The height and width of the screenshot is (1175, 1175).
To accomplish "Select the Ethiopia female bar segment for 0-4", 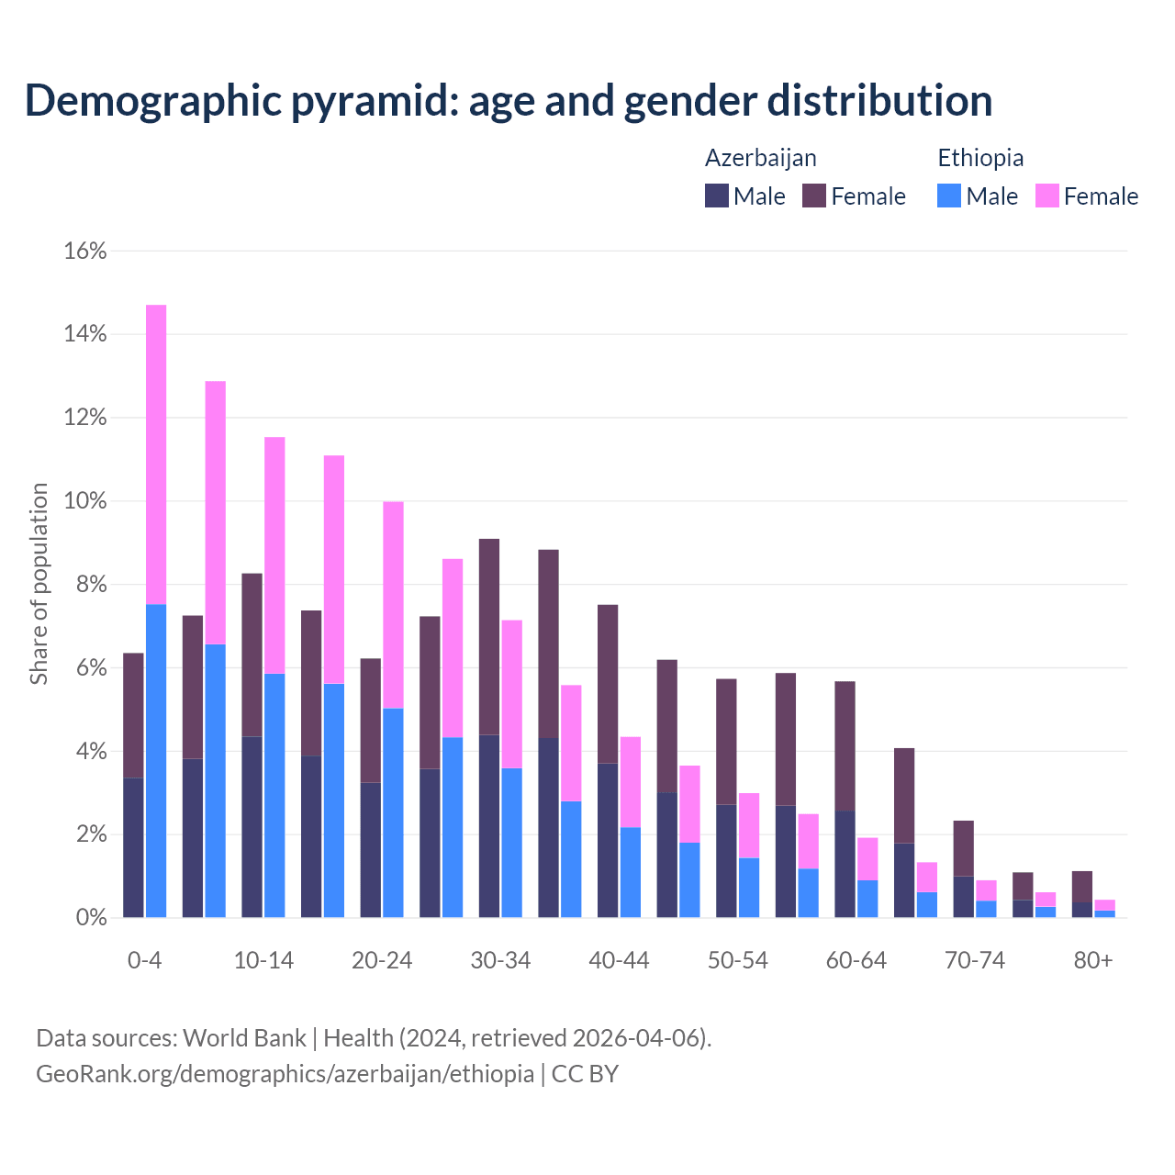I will click(156, 454).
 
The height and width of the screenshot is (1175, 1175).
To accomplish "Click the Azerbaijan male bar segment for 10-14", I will click(252, 826).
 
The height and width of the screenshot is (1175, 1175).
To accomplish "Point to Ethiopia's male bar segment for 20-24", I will click(393, 812).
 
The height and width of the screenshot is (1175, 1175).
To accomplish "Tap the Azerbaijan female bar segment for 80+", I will click(1082, 886).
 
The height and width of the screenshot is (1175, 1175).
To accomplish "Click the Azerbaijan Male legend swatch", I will click(717, 196).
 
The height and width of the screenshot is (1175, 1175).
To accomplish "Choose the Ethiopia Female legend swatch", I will click(1046, 196).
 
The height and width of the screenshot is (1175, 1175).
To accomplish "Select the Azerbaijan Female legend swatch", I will click(814, 196).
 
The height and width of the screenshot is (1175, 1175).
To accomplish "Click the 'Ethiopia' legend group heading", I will click(980, 158).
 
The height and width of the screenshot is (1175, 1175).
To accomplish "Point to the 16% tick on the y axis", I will click(85, 251).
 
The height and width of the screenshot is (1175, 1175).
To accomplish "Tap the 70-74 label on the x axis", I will click(975, 960).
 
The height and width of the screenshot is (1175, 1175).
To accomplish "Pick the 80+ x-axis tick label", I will click(1093, 960).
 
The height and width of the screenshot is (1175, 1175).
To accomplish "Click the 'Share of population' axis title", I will click(39, 584).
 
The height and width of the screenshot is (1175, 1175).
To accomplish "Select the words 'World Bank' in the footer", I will click(244, 1038).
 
